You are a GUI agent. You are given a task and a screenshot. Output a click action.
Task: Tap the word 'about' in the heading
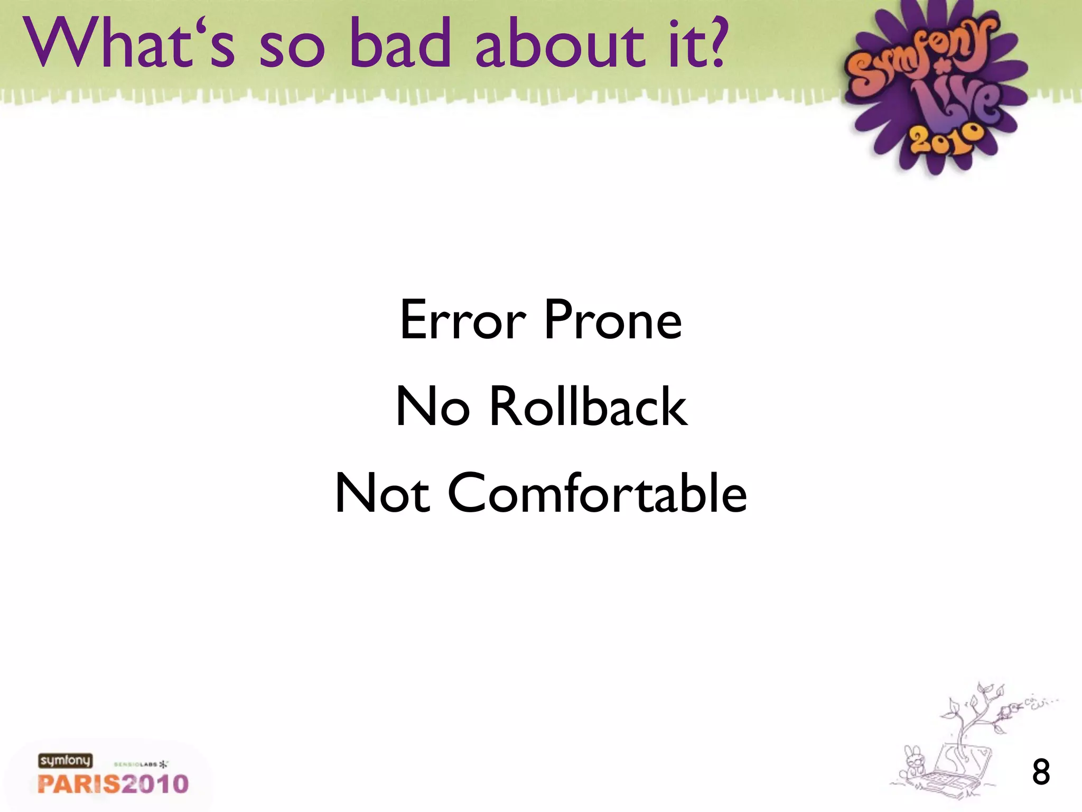(x=560, y=44)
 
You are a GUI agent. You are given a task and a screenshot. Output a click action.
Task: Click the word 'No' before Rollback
(x=433, y=407)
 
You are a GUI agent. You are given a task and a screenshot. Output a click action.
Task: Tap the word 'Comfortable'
(x=597, y=493)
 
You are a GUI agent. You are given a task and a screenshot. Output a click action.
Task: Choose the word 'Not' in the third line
(x=383, y=493)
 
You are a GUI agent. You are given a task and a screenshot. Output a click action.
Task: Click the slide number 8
(x=1041, y=772)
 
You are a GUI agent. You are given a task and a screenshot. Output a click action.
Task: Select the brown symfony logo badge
(x=65, y=761)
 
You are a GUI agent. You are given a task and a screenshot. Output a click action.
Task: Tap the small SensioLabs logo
(x=141, y=764)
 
